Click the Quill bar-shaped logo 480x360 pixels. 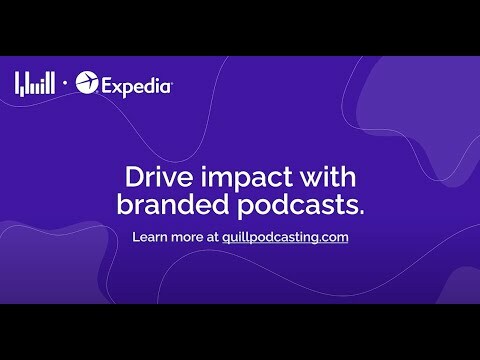pos(34,84)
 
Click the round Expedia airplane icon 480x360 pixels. pos(88,85)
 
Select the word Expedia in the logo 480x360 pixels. pos(137,86)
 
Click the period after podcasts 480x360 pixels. pos(361,214)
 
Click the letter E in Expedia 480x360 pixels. pos(108,86)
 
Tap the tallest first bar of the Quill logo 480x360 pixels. pos(17,84)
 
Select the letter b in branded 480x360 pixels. pos(123,207)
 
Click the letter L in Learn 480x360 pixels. pos(136,238)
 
